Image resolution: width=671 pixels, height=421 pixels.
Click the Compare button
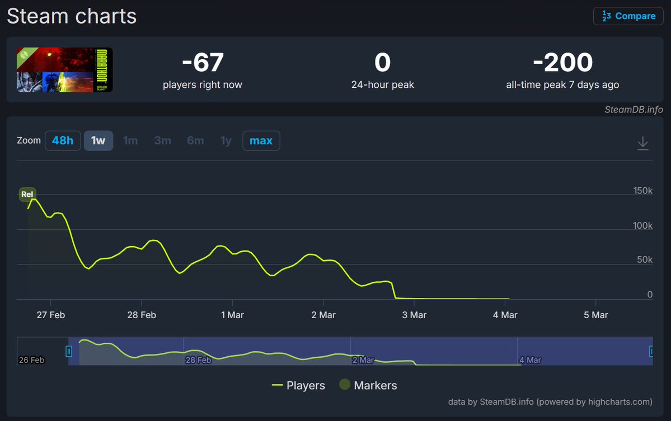coord(628,16)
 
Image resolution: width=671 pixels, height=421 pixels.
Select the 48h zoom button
coord(63,141)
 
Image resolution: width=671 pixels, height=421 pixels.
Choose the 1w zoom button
coord(98,141)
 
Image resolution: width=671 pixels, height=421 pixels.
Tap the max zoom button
coord(261,141)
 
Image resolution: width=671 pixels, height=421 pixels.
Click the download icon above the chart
coord(643,143)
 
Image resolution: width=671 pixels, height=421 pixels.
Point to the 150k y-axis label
coord(642,191)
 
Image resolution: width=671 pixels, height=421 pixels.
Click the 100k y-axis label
coord(642,226)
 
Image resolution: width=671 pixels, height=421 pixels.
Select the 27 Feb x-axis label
coord(50,315)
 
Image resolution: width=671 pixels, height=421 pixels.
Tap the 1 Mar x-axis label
coord(232,315)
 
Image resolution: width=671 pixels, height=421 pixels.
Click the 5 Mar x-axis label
coord(595,315)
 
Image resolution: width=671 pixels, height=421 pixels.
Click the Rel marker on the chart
coord(27,194)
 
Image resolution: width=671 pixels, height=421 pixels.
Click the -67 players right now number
coord(203,63)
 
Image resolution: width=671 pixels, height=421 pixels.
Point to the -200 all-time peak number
coord(562,63)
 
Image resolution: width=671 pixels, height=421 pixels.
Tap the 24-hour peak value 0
coord(382,63)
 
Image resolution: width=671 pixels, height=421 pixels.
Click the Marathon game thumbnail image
coord(65,70)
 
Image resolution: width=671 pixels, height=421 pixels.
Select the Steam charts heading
coord(72,16)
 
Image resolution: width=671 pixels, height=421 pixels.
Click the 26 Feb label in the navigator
coord(31,360)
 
